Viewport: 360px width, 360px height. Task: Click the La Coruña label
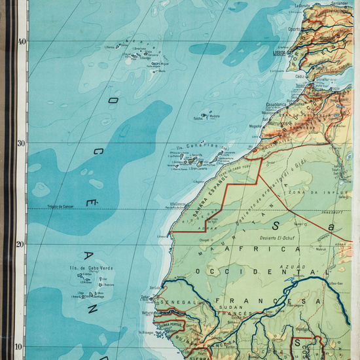coord(302,5)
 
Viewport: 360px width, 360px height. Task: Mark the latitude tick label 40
coord(22,41)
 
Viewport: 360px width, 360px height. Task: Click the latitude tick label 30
coord(22,143)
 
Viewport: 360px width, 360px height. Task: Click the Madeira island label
coord(213,116)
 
